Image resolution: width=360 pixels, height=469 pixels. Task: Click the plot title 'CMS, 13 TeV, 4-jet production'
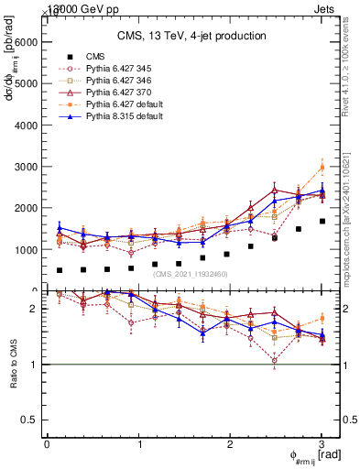[x=191, y=36]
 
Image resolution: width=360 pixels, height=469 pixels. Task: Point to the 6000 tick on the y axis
[x=26, y=42]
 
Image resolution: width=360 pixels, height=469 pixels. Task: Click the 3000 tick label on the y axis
[x=26, y=167]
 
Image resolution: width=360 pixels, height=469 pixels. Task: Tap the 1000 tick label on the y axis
[x=26, y=249]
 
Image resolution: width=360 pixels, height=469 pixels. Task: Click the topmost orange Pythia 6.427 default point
[x=322, y=167]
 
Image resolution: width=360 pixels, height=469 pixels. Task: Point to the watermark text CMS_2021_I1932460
[x=191, y=274]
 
